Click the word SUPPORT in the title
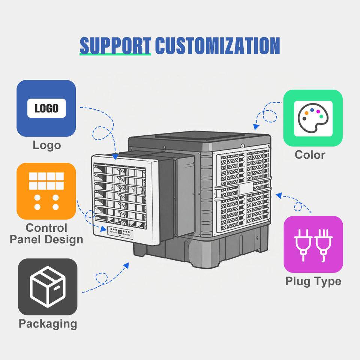(x=115, y=45)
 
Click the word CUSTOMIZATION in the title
(x=217, y=45)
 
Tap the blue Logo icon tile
(x=46, y=108)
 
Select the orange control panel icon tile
(x=46, y=191)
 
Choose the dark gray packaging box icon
(x=48, y=287)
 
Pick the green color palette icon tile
(x=313, y=118)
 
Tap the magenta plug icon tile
(x=313, y=244)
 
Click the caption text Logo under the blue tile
(x=47, y=145)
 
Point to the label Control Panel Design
(x=46, y=234)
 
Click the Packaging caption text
(x=48, y=324)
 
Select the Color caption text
(x=310, y=155)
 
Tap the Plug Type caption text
(x=313, y=282)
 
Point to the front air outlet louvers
(x=120, y=196)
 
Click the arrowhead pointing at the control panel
(x=103, y=229)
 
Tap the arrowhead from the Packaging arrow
(x=126, y=265)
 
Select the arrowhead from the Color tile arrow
(x=256, y=126)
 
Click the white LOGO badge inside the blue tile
(x=46, y=108)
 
